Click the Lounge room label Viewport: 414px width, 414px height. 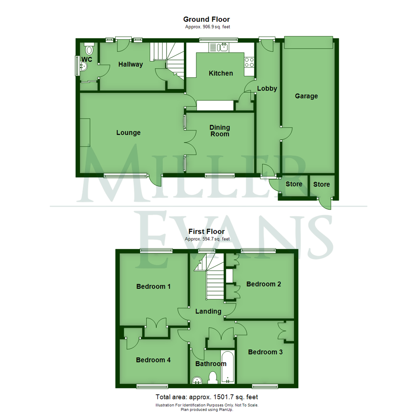[x=128, y=133]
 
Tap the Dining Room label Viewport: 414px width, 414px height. [x=220, y=131]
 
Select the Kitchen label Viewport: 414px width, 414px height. [x=220, y=73]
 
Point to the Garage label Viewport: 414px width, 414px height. [x=306, y=96]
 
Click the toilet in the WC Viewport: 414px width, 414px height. [x=90, y=49]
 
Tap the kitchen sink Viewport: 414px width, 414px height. [x=222, y=48]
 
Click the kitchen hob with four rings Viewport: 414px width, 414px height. [x=250, y=62]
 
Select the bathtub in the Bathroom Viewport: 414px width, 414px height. [x=228, y=367]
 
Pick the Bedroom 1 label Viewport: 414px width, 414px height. [x=153, y=286]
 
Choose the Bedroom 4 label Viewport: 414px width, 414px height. [x=153, y=360]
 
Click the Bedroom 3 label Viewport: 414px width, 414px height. [x=265, y=352]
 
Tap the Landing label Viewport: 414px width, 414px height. [x=209, y=311]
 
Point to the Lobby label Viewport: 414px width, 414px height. [x=267, y=89]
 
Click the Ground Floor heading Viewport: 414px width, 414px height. [x=207, y=19]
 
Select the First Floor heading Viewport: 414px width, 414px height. [x=207, y=232]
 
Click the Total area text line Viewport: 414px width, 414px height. [x=207, y=397]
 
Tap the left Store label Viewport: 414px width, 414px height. [x=294, y=184]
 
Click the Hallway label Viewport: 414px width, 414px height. [x=130, y=64]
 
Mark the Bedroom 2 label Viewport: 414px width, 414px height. [x=264, y=284]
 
